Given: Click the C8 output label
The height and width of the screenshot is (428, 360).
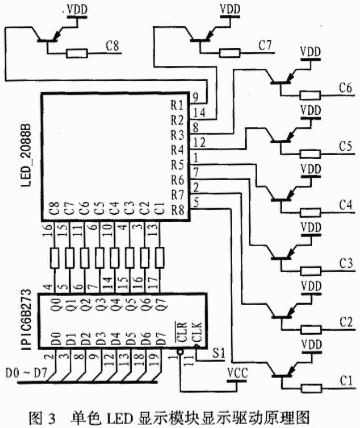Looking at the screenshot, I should [x=112, y=46].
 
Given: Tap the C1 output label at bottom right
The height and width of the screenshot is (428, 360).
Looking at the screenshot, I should [x=345, y=379].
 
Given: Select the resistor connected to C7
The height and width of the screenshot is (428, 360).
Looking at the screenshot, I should [x=230, y=52].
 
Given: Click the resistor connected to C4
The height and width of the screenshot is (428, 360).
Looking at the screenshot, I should [x=310, y=209].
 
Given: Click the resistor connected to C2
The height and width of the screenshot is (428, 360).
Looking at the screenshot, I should [x=310, y=329].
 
